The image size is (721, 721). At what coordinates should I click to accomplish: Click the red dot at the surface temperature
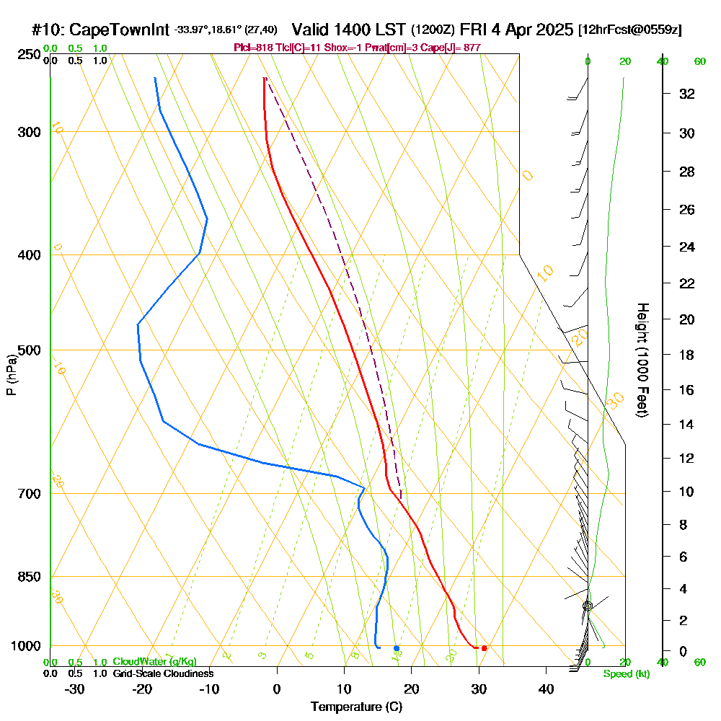[484, 648]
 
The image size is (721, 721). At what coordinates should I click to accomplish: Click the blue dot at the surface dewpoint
[397, 648]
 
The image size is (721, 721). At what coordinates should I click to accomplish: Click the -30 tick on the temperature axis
[75, 689]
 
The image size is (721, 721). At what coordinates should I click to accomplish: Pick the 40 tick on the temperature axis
[546, 689]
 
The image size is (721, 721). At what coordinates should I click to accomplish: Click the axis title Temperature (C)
[356, 707]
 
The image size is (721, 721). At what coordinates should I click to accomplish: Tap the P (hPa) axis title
[11, 375]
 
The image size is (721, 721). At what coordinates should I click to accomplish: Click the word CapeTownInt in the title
[120, 30]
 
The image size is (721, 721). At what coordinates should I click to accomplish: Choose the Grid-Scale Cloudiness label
[163, 673]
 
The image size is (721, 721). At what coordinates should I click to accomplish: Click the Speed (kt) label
[624, 674]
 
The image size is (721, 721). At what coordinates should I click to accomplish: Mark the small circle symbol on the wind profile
[588, 606]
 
